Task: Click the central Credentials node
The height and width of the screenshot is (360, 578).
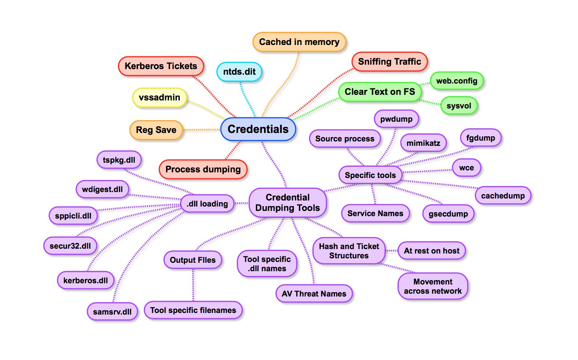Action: coord(258,129)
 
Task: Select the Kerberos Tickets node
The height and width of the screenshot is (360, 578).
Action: coord(161,66)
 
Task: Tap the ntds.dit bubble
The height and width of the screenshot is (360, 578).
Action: coord(239,72)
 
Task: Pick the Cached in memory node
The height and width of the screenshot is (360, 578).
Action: coord(299,42)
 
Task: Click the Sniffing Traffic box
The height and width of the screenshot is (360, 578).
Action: coord(389,62)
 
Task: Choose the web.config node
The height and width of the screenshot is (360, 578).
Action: coord(457,81)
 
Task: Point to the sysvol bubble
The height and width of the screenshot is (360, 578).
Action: coord(459,106)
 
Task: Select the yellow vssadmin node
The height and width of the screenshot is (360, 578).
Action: coord(159,98)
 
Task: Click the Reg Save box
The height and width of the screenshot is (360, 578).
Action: coord(156,130)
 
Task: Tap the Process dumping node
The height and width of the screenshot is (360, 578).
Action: coord(203,170)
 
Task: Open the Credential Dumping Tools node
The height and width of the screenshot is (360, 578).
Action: coord(287,202)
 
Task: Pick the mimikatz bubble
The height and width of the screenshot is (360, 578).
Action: coord(423,143)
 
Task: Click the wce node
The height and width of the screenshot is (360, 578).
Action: coord(466,168)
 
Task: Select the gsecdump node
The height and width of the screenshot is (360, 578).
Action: coord(448,214)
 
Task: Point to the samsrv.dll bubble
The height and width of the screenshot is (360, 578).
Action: coord(112,312)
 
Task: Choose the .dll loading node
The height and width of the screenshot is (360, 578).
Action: coord(207,204)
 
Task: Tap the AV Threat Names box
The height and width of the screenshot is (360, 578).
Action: coord(314,294)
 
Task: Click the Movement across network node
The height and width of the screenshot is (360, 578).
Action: coord(432,286)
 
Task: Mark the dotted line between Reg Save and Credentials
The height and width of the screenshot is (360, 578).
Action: coord(202,130)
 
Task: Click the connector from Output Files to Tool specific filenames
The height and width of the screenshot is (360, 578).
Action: coord(193,285)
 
